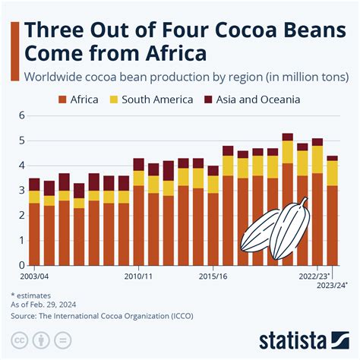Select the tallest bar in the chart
pyautogui.click(x=288, y=201)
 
